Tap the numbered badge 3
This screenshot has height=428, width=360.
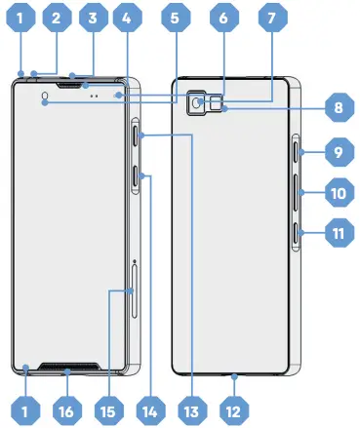92,18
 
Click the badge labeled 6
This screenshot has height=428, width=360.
222,18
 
